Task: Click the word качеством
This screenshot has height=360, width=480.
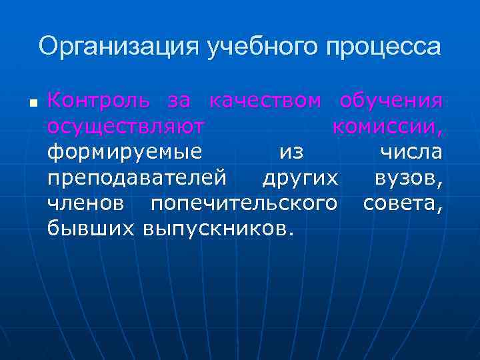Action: pos(266,101)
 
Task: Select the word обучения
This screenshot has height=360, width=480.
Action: pos(391,103)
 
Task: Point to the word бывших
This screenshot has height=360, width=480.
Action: pos(92,229)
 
